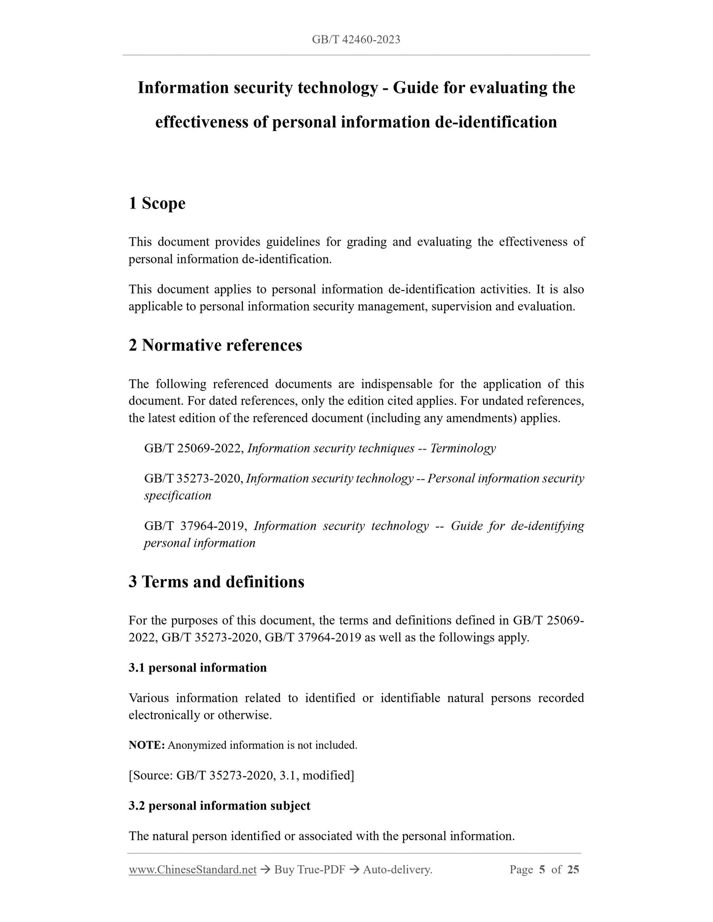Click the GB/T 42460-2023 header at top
coord(356,39)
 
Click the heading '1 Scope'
coord(157,203)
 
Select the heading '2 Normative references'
coord(215,345)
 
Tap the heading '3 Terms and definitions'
coord(216,582)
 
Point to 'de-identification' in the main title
coord(496,122)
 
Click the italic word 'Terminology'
coord(463,448)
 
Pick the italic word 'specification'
coord(178,496)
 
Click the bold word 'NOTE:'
coord(147,745)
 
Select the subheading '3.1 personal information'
coord(197,668)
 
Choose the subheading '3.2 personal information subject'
coord(220,806)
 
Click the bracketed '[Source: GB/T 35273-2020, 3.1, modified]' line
coord(241,776)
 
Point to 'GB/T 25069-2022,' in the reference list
coord(194,448)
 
